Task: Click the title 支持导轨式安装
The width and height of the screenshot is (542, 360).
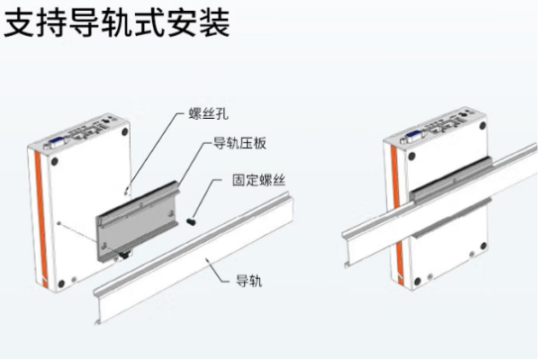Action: coord(117,23)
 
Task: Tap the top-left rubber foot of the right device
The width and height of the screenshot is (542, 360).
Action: coord(411,158)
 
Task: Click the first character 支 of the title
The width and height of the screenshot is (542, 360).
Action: coord(20,23)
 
